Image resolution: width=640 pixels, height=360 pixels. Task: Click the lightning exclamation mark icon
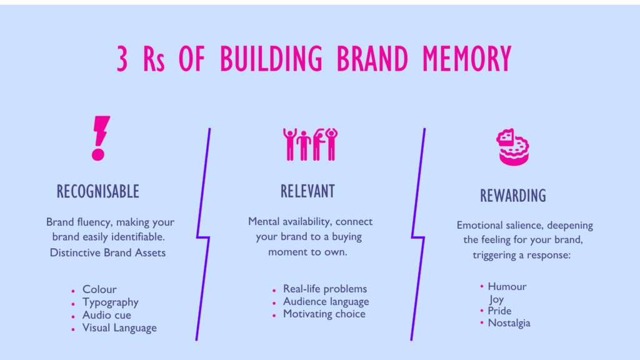coord(100,138)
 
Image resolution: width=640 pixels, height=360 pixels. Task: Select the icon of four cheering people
coord(310,144)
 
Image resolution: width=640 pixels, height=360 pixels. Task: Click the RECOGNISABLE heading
coord(97,191)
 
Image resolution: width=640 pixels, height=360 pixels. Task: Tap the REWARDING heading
coord(513,196)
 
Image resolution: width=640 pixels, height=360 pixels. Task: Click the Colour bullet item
coord(99,289)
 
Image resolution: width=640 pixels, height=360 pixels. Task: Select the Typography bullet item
coord(111,302)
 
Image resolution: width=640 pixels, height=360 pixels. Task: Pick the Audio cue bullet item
coord(107,315)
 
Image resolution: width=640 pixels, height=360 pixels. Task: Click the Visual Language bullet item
coord(119,327)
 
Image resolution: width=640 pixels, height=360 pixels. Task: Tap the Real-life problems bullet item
coord(325,289)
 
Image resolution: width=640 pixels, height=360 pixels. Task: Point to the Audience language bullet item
coord(326,301)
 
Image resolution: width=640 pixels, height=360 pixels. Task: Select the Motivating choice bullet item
coord(324,314)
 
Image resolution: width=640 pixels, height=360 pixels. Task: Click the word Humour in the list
coord(507,286)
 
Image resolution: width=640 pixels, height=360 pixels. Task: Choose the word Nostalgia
coord(509,322)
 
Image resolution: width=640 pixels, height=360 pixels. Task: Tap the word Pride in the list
coord(500,311)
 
